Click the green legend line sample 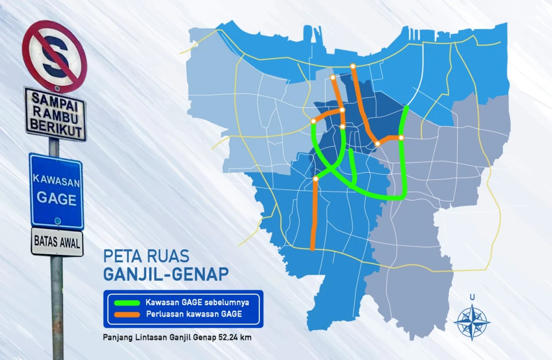click(x=124, y=303)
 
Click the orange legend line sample click(x=124, y=314)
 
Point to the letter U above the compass click(x=472, y=297)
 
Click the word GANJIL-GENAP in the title click(x=166, y=274)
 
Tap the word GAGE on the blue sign click(x=56, y=199)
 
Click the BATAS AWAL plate click(x=57, y=241)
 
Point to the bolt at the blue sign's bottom click(x=57, y=221)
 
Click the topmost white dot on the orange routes click(x=352, y=66)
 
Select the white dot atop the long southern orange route click(x=316, y=179)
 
